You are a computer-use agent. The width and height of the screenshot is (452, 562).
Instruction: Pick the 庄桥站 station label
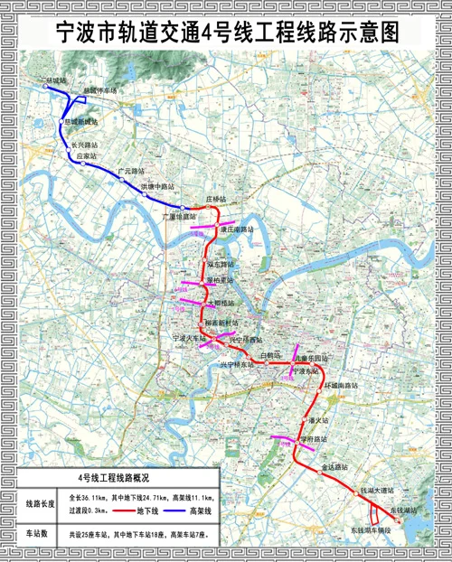(x=216, y=198)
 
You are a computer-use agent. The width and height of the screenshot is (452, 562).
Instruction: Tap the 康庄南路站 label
(x=237, y=229)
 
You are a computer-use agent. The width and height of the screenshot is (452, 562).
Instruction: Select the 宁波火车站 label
(x=191, y=337)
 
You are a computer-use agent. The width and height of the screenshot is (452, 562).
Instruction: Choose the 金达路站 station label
(x=335, y=468)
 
